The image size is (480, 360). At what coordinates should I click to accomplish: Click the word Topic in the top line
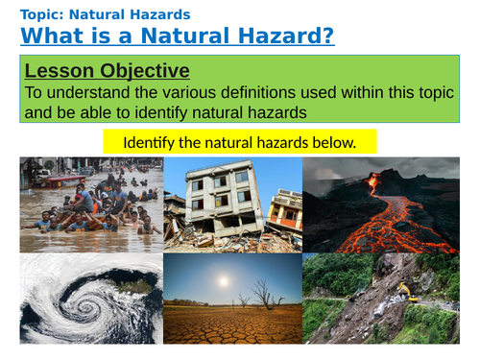(41, 14)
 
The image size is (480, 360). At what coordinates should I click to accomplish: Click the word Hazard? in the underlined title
(283, 36)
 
